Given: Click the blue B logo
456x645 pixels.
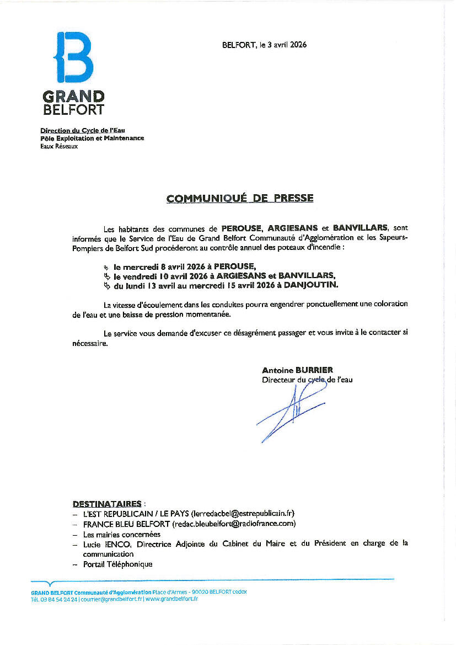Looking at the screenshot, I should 73,57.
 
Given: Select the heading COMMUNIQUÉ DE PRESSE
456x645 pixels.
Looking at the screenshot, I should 240,198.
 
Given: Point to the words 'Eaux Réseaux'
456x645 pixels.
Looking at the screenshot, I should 59,146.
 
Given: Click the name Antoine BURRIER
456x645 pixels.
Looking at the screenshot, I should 298,370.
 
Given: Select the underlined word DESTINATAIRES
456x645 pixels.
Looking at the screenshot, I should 107,504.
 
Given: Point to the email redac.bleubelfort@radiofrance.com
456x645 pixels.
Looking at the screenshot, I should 234,524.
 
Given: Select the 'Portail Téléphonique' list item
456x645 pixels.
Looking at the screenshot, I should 117,564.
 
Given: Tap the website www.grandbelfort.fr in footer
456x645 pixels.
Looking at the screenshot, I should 172,599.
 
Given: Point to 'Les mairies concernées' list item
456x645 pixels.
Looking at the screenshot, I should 121,534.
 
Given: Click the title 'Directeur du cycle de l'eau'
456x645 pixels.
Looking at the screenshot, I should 307,380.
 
